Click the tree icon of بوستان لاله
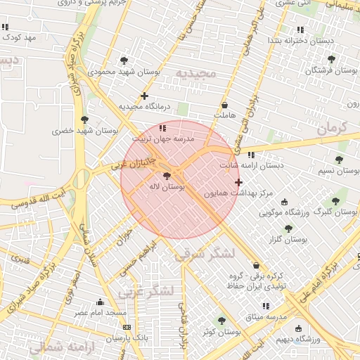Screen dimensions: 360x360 (167, 176)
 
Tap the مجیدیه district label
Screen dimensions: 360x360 (193, 74)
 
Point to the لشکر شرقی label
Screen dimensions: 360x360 (203, 255)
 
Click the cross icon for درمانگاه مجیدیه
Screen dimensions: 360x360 (145, 96)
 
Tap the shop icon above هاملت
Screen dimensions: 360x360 (225, 105)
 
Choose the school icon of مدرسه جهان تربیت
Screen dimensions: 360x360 (163, 128)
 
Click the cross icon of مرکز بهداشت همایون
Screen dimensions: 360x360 (238, 182)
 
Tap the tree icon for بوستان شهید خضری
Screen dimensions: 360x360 (85, 120)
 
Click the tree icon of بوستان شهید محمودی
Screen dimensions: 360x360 (124, 60)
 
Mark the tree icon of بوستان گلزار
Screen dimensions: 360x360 (288, 229)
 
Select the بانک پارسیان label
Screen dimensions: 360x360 (127, 338)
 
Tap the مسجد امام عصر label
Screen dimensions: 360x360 (101, 311)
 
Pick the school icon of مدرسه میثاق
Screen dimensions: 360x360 (266, 306)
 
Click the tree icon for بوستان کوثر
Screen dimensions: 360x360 (222, 321)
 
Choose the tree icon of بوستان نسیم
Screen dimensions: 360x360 (340, 160)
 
